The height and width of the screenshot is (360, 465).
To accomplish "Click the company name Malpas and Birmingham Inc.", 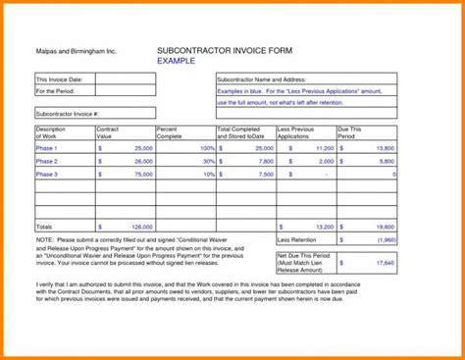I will (x=71, y=49).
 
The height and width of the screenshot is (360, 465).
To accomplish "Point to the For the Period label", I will (x=57, y=91).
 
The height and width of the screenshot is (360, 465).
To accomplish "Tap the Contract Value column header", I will (x=108, y=132).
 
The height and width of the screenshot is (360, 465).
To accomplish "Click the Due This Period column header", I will (x=350, y=132).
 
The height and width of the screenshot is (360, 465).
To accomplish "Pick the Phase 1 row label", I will (x=47, y=147).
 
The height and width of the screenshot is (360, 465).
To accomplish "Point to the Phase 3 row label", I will (x=47, y=174).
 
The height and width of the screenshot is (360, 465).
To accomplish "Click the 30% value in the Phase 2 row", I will (x=208, y=161).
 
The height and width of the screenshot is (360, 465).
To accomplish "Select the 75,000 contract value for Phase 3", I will (x=142, y=174).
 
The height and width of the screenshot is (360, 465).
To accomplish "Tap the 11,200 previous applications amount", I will (x=323, y=147).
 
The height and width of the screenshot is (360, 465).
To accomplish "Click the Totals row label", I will (x=45, y=226).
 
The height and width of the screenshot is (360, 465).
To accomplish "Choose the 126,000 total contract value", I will (x=140, y=226).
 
